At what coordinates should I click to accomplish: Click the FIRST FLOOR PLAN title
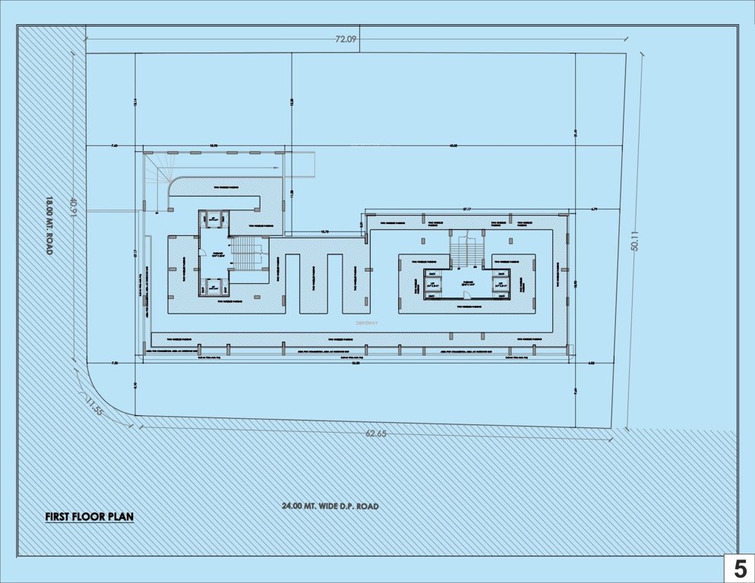[89, 517]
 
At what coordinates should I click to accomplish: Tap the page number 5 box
[739, 569]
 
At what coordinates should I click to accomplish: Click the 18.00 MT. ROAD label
[49, 225]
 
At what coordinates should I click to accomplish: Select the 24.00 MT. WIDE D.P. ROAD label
[330, 506]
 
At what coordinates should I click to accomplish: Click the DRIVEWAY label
[367, 323]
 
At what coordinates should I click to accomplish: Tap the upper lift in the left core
[213, 219]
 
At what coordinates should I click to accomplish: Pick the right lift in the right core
[501, 284]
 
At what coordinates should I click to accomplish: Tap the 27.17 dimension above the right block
[467, 209]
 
